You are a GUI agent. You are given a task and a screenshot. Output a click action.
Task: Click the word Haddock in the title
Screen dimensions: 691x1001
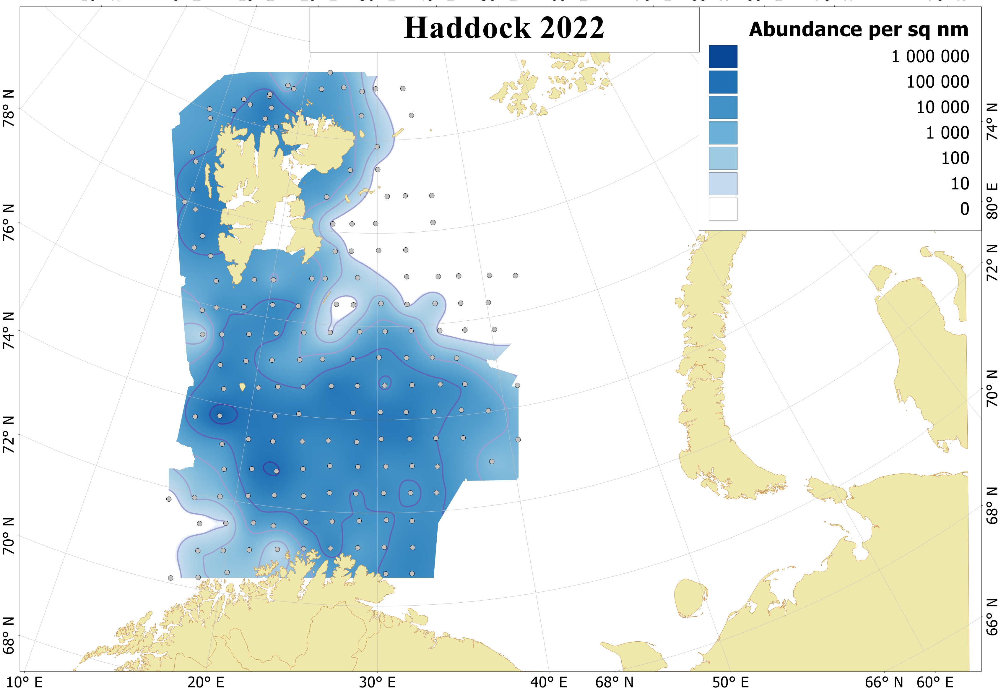pyautogui.click(x=467, y=28)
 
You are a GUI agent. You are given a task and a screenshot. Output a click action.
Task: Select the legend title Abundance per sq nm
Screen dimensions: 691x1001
pyautogui.click(x=858, y=30)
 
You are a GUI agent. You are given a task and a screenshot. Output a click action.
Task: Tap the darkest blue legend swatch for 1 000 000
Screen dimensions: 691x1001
pyautogui.click(x=723, y=57)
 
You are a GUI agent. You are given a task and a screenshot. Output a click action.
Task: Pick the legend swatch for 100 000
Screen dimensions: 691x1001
pyautogui.click(x=723, y=82)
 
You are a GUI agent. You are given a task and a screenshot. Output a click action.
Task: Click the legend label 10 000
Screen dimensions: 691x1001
pyautogui.click(x=942, y=107)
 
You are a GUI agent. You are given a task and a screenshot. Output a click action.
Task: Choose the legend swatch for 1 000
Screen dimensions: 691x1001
pyautogui.click(x=723, y=133)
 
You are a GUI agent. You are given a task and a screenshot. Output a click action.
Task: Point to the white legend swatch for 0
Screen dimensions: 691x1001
pyautogui.click(x=723, y=209)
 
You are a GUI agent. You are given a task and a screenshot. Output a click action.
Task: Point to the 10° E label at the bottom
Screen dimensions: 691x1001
pyautogui.click(x=24, y=683)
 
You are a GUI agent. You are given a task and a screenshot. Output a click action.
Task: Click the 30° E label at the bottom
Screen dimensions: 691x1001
pyautogui.click(x=377, y=683)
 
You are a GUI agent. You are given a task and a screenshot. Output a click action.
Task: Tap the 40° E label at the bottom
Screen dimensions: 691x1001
pyautogui.click(x=548, y=683)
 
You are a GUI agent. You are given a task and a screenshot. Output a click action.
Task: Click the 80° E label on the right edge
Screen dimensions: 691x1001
pyautogui.click(x=992, y=200)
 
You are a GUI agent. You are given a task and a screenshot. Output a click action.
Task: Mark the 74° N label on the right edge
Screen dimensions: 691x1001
pyautogui.click(x=992, y=122)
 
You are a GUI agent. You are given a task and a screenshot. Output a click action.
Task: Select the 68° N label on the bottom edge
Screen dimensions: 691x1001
pyautogui.click(x=614, y=683)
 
